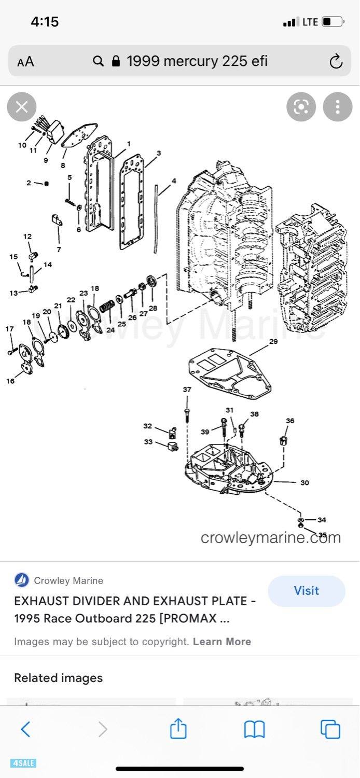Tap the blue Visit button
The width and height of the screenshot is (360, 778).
tap(306, 591)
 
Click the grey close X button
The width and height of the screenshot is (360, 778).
tap(22, 107)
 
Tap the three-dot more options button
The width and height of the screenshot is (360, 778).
tap(338, 107)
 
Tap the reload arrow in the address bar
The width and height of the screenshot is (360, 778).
tap(336, 62)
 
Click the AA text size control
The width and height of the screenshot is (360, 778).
tap(25, 62)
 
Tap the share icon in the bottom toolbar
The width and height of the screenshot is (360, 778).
tap(178, 729)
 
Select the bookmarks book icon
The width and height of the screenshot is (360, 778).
tap(254, 729)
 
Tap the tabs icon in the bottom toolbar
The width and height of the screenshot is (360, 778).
tap(330, 729)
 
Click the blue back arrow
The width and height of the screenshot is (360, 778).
tap(25, 729)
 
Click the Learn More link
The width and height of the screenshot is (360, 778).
tap(221, 642)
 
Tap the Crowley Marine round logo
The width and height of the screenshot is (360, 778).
tap(22, 580)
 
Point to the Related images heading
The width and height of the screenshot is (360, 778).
tap(58, 678)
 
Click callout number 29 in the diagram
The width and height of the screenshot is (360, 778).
tap(273, 342)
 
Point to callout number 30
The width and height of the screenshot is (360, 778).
tap(304, 482)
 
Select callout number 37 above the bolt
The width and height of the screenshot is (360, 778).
tap(187, 390)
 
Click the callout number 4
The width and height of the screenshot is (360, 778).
tap(174, 181)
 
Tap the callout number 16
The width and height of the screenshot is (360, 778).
tap(10, 381)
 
